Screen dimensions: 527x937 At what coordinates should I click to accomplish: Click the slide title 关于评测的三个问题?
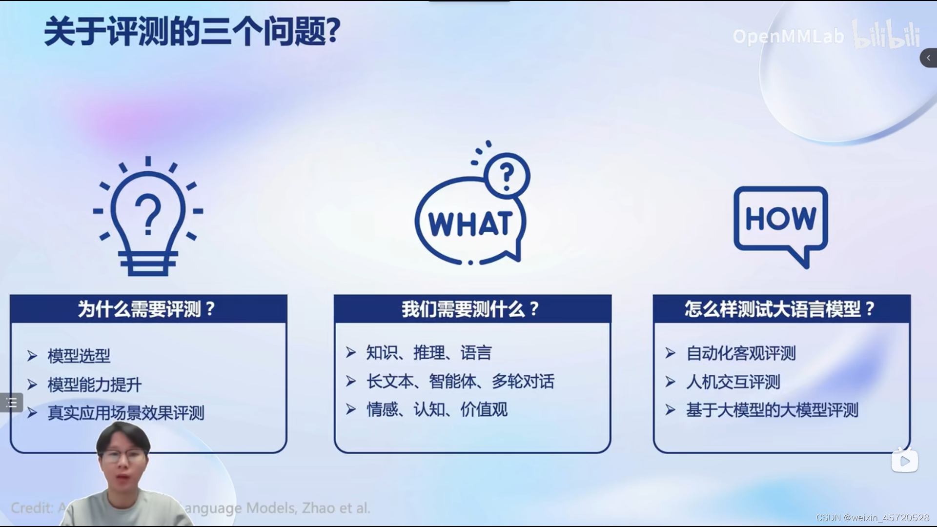click(192, 32)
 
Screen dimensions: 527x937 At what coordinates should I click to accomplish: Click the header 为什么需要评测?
click(147, 309)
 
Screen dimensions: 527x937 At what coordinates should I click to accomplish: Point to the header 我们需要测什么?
click(471, 309)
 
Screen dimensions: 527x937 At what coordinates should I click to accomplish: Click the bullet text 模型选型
click(79, 356)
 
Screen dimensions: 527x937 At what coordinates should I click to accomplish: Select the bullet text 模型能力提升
click(94, 385)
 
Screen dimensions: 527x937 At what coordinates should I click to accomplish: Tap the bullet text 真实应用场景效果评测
click(125, 413)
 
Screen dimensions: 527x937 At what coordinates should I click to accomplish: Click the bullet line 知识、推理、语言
click(428, 352)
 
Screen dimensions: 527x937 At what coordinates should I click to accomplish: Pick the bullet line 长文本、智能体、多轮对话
click(460, 381)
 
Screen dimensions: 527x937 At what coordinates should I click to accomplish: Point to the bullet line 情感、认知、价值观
click(436, 409)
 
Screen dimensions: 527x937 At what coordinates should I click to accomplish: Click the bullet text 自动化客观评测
click(740, 353)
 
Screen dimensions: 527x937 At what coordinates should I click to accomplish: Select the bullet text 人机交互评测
click(733, 382)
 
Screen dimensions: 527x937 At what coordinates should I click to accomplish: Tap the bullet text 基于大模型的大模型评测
click(772, 410)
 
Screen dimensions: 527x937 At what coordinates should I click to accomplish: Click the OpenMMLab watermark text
click(788, 37)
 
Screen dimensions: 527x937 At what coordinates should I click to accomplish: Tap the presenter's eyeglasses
click(124, 457)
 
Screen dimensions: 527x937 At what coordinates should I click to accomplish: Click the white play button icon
click(904, 461)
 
